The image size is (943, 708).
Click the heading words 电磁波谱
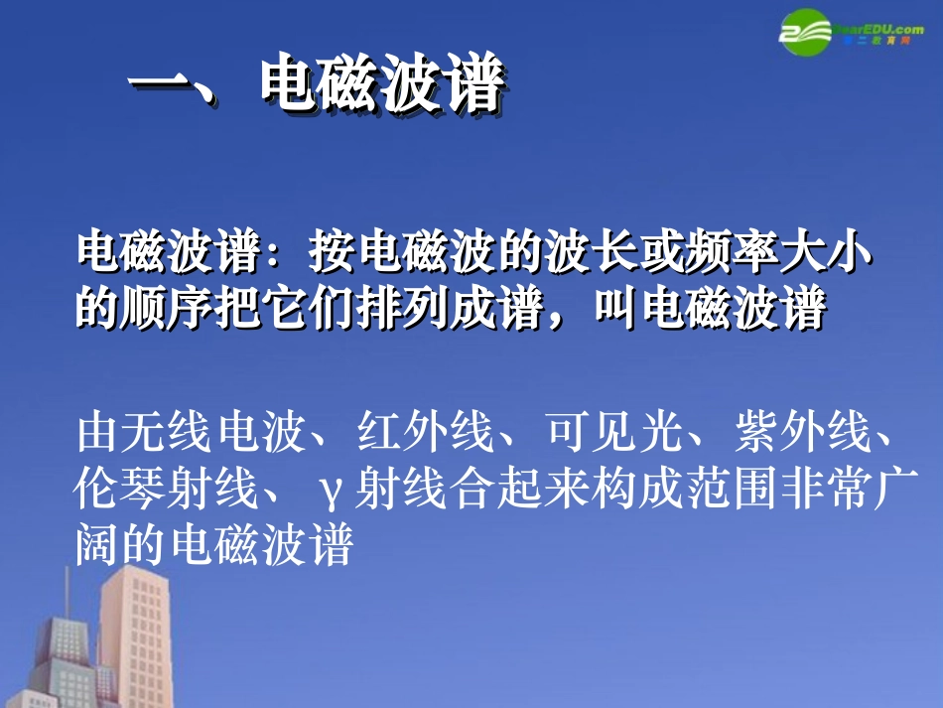click(x=381, y=86)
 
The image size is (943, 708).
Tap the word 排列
click(x=404, y=311)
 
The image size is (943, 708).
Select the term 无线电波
click(x=217, y=432)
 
